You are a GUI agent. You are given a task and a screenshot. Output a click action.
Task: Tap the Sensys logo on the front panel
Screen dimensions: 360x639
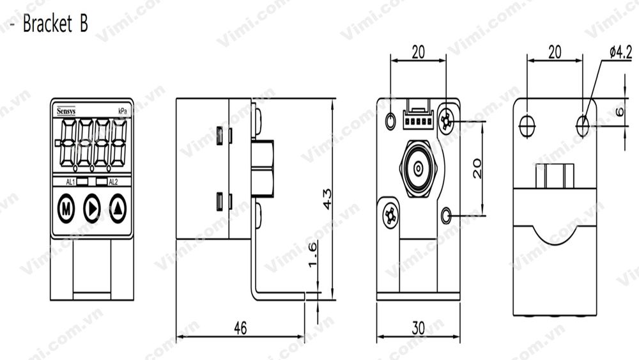click(x=65, y=111)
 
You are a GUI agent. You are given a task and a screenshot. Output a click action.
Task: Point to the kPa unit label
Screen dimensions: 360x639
click(x=122, y=111)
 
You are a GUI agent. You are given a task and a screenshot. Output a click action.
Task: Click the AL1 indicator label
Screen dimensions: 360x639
click(x=71, y=182)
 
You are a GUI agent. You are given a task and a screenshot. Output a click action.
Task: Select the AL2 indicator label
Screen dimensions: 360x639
click(x=113, y=182)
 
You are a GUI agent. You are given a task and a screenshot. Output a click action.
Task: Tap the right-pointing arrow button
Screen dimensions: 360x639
click(x=92, y=208)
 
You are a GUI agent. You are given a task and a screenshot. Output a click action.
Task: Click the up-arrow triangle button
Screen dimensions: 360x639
click(x=118, y=208)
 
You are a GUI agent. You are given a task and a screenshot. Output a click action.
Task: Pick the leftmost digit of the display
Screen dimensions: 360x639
click(x=64, y=143)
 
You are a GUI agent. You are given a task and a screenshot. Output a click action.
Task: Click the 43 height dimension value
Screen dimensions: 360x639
click(x=327, y=200)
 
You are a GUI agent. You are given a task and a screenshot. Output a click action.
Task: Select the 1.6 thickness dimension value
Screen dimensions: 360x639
click(x=313, y=254)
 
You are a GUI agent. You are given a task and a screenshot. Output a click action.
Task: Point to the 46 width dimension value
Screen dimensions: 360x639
click(x=240, y=328)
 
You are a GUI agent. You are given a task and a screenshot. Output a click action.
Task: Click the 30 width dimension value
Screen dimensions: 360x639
click(x=418, y=328)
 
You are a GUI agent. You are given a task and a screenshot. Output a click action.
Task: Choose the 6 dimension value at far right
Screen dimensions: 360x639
click(x=620, y=111)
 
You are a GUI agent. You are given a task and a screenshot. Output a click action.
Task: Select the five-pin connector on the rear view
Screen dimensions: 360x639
click(x=418, y=119)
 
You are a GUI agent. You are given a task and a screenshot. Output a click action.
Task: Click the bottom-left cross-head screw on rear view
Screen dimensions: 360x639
click(x=389, y=217)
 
